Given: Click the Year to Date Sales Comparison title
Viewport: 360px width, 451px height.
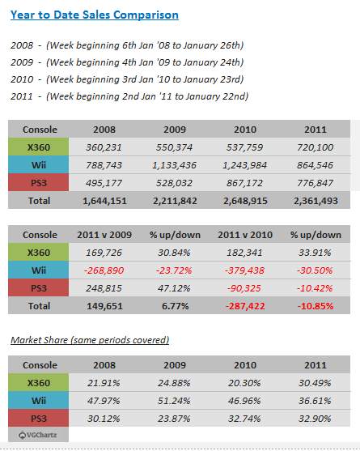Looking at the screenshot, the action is [95, 15].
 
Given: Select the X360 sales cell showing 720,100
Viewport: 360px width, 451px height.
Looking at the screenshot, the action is [316, 147].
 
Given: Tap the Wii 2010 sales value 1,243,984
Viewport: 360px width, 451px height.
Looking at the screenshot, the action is [245, 165].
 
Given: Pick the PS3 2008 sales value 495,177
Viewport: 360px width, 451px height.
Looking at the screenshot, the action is [104, 183].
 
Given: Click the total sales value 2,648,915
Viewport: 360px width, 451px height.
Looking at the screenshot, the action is [245, 201].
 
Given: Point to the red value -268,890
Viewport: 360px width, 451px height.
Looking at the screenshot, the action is [104, 270].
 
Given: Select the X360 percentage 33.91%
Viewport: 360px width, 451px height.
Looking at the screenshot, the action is [315, 253].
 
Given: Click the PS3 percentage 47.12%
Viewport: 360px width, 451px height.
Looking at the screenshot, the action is [174, 288].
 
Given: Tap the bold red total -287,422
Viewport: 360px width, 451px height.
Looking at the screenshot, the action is [245, 306].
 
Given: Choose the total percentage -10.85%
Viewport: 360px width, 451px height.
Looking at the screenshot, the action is [316, 306].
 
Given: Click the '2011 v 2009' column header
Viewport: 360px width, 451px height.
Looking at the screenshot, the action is [104, 235].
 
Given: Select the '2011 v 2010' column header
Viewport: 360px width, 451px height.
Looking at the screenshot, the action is [245, 235].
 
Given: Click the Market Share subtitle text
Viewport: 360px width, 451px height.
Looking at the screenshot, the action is [90, 340].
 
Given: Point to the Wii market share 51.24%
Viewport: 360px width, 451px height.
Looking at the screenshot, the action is [174, 401].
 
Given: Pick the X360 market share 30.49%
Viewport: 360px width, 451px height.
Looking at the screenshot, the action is [315, 383].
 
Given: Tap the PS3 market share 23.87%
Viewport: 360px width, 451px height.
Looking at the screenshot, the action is [174, 419].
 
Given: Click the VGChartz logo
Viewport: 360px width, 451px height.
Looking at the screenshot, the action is [38, 435].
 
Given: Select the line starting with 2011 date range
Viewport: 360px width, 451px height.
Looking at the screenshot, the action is [129, 96].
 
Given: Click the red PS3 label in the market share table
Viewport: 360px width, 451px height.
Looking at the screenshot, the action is [39, 419].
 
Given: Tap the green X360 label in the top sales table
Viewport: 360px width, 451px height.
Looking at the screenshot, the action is [39, 147].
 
